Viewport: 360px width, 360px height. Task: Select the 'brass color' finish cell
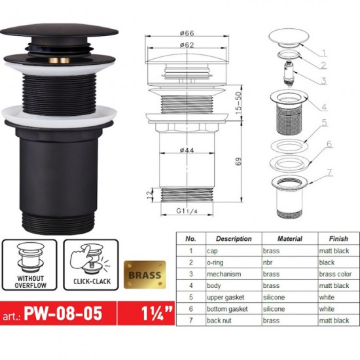tap(335, 274)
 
